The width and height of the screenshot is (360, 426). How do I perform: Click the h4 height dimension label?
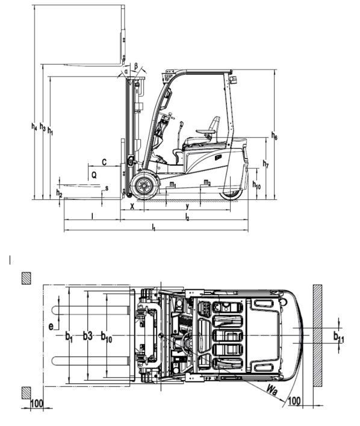(34, 127)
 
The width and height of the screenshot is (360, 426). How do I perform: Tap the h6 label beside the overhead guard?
(275, 136)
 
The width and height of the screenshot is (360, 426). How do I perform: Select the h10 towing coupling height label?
(256, 185)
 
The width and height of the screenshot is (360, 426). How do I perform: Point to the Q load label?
(94, 175)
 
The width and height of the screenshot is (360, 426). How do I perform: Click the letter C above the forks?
(104, 162)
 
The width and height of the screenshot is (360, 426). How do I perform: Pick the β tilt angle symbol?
(136, 66)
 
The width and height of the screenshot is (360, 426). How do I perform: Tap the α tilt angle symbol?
(126, 72)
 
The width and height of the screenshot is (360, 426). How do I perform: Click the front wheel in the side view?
(144, 186)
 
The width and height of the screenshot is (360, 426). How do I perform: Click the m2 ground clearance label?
(207, 183)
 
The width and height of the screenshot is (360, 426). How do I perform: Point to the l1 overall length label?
(154, 227)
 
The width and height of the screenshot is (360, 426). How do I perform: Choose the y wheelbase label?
(187, 207)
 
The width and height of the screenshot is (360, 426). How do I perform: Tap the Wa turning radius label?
(272, 390)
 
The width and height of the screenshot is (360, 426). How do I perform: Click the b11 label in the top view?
(338, 337)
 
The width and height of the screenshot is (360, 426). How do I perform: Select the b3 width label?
(88, 336)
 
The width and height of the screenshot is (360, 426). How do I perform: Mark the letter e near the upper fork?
(51, 327)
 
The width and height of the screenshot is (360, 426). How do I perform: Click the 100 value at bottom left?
(37, 403)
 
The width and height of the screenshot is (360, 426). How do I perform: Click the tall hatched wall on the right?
(318, 336)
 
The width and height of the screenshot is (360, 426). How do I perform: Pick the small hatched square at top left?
(26, 278)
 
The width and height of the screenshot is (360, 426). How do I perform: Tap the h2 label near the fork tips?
(59, 193)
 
